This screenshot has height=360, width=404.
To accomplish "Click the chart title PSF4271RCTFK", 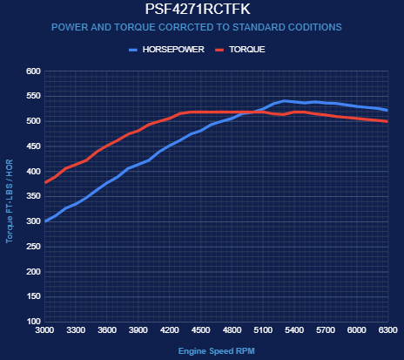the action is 198,9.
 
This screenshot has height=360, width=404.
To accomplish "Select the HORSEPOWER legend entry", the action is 173,50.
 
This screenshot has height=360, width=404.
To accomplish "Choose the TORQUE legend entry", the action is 247,50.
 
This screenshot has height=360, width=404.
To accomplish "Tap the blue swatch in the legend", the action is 133,50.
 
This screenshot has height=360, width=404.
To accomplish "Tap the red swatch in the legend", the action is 219,50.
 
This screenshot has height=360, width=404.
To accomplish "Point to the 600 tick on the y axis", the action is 33,71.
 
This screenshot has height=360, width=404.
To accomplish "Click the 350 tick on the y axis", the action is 33,196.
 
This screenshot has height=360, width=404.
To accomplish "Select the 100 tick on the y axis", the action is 33,322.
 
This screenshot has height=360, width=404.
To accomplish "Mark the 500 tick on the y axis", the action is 33,121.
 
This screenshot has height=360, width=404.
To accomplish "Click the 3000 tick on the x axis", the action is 44,330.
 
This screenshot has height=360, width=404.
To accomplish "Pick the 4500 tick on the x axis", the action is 201,330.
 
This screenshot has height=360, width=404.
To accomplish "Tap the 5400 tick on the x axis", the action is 294,330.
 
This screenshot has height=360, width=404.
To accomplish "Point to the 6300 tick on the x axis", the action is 388,330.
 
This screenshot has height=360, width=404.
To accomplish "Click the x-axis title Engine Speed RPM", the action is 217,351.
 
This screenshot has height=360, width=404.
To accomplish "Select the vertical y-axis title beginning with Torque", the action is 10,200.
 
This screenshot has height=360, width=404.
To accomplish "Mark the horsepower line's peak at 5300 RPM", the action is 284,101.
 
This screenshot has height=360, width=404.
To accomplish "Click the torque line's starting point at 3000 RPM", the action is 45,182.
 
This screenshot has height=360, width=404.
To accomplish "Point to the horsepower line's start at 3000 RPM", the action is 45,221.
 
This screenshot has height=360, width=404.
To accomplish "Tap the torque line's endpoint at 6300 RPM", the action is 387,121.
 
